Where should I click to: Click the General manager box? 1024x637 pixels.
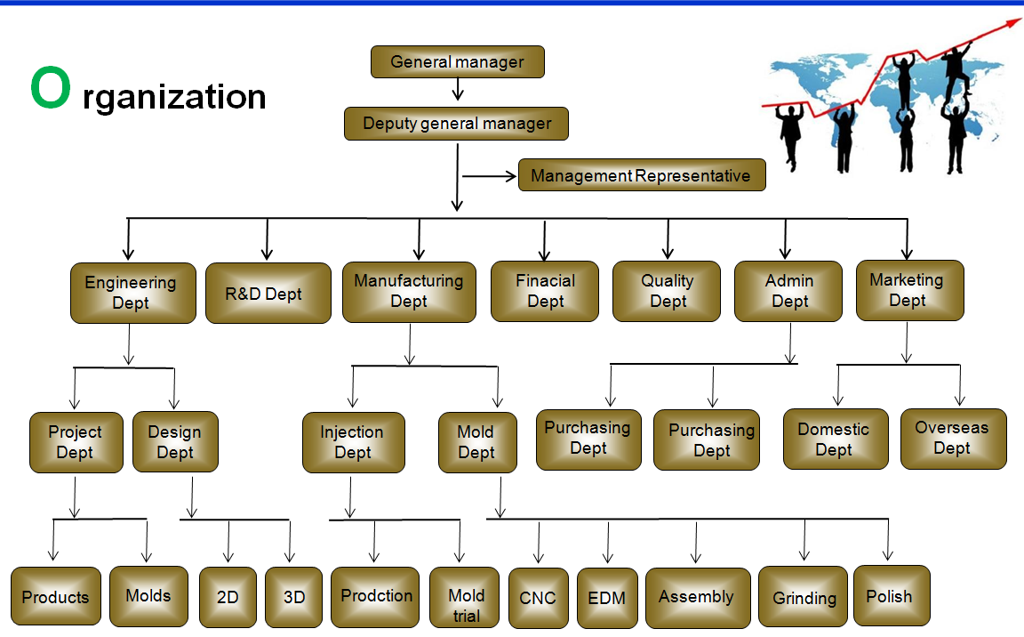pyautogui.click(x=457, y=62)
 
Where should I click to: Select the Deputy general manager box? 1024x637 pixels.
pyautogui.click(x=456, y=124)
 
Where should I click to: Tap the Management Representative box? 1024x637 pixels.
pyautogui.click(x=641, y=175)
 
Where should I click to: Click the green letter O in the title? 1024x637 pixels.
pyautogui.click(x=49, y=89)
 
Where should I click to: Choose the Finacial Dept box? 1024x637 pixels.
pyautogui.click(x=545, y=291)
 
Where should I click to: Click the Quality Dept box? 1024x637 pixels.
pyautogui.click(x=667, y=291)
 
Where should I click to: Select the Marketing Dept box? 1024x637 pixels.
pyautogui.click(x=909, y=290)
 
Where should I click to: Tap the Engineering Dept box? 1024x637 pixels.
pyautogui.click(x=132, y=293)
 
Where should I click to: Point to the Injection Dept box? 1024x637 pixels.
pyautogui.click(x=353, y=442)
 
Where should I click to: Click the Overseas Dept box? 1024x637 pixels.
pyautogui.click(x=953, y=439)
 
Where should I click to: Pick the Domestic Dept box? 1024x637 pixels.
pyautogui.click(x=835, y=439)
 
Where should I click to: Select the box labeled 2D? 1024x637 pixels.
pyautogui.click(x=228, y=597)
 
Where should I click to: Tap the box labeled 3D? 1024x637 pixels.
pyautogui.click(x=293, y=597)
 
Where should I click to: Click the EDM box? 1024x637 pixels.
pyautogui.click(x=607, y=598)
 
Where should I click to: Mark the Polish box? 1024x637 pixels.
pyautogui.click(x=891, y=595)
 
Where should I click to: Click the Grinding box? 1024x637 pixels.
pyautogui.click(x=803, y=597)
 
